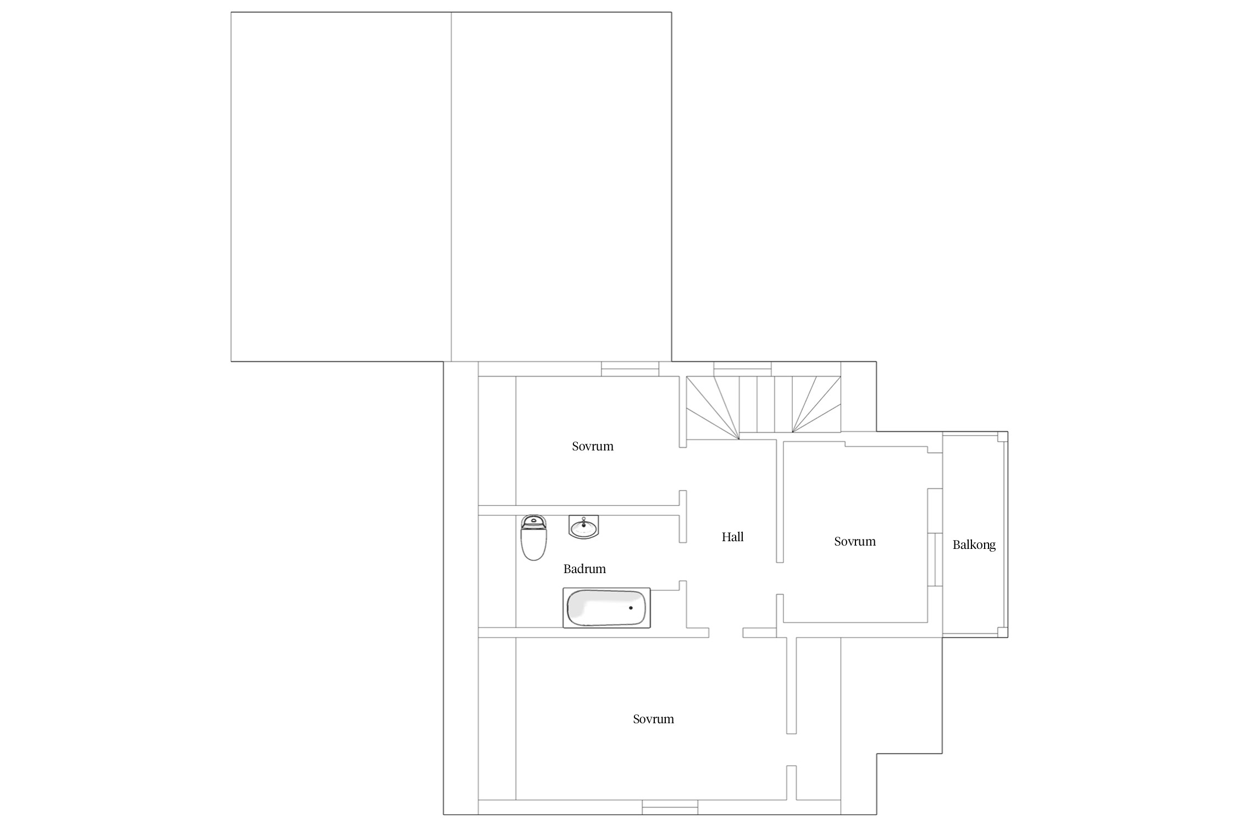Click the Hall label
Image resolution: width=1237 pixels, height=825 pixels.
click(732, 537)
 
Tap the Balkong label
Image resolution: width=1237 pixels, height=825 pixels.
click(974, 545)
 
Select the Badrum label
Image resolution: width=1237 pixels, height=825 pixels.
click(584, 569)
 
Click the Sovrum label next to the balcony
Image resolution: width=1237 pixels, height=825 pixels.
click(854, 541)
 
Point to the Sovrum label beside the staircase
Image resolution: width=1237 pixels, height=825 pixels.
click(592, 446)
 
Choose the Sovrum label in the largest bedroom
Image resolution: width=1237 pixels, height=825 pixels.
click(653, 719)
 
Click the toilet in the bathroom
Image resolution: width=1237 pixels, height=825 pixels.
click(533, 538)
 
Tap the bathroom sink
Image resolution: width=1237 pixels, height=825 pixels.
click(583, 527)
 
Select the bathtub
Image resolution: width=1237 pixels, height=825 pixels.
click(606, 608)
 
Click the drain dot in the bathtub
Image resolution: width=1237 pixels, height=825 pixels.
click(631, 608)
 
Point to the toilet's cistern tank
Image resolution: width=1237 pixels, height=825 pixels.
click(533, 522)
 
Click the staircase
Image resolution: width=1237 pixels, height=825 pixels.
click(763, 408)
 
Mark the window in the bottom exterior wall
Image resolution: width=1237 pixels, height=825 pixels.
click(670, 807)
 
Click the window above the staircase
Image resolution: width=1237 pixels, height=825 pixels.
click(742, 369)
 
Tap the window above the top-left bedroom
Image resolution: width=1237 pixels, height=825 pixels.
click(630, 369)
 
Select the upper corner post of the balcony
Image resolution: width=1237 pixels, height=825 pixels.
click(1003, 437)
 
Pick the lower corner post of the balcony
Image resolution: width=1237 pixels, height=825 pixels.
click(1003, 632)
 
